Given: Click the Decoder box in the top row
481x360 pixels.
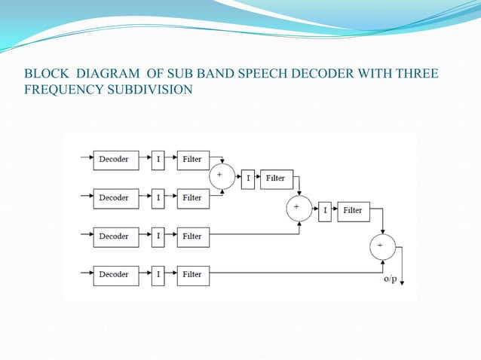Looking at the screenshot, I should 116,160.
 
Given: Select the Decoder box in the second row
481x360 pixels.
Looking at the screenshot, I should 116,198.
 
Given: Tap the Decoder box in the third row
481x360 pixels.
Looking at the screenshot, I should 116,236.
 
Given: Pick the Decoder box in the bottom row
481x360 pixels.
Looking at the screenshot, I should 116,275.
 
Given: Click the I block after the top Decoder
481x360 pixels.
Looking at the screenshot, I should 158,160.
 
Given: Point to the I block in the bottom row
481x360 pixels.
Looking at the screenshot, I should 158,275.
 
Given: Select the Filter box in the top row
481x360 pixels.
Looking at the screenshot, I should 193,160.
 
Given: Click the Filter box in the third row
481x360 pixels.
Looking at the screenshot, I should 193,236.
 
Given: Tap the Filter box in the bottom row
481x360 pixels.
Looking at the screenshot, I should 193,275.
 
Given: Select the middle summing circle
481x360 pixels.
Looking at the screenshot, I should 299,207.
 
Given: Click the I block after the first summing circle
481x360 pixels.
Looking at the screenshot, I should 248,178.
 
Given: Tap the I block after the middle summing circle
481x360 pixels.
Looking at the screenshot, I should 326,211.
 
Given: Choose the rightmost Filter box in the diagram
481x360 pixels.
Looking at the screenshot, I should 353,211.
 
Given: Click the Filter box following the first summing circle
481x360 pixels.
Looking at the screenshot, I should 276,178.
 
